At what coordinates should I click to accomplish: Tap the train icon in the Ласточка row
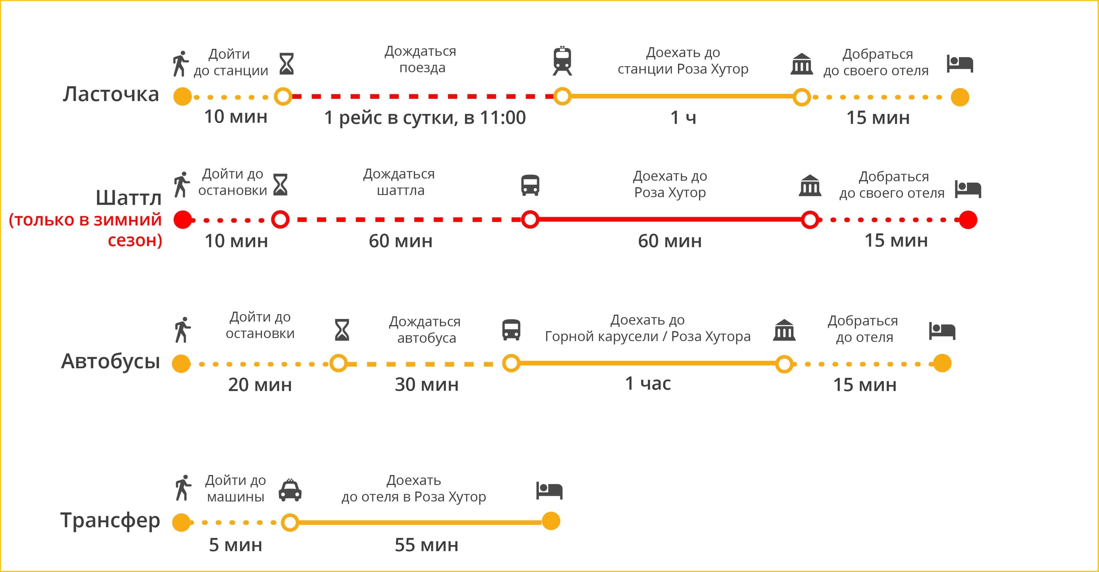(562, 61)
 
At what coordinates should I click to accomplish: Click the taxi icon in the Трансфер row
(290, 490)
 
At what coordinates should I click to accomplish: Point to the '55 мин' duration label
(427, 545)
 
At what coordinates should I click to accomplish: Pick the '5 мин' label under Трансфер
(235, 545)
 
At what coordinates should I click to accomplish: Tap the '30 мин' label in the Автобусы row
(427, 384)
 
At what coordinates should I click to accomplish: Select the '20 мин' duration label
(260, 384)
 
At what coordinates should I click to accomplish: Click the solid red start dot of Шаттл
(183, 220)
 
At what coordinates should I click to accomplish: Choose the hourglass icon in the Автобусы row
(342, 330)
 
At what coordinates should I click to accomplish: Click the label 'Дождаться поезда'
(421, 59)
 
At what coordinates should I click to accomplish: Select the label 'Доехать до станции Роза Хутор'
(683, 61)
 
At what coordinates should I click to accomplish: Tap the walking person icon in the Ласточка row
(181, 64)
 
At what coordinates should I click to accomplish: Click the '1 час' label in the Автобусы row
(648, 383)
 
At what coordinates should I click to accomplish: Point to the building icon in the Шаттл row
(810, 186)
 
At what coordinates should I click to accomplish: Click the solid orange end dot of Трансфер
(551, 521)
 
